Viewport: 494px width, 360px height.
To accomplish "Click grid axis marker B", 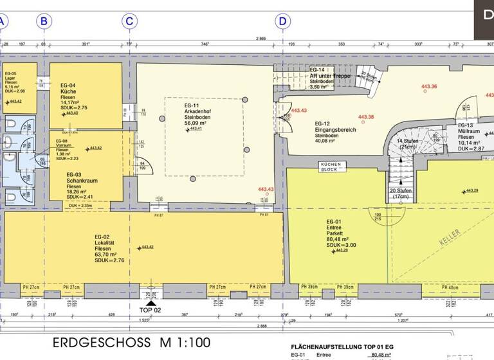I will [x=44, y=21].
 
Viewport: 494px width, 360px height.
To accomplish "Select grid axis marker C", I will [x=129, y=21].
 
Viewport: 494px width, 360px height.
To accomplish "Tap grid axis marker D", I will [x=282, y=21].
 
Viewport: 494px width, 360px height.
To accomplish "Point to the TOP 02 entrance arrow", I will [x=151, y=303].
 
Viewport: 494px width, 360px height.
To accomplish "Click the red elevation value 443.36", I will [x=428, y=87].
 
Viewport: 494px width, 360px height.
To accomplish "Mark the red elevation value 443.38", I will [x=366, y=117].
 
